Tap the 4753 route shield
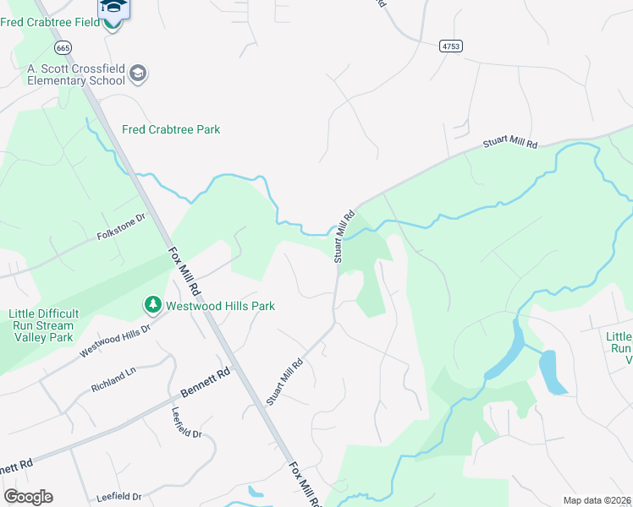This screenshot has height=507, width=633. (x=450, y=47)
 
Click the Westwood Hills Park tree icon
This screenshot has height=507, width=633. (x=152, y=303)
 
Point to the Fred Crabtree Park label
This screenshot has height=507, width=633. (x=171, y=129)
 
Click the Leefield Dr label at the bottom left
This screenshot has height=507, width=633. (x=117, y=498)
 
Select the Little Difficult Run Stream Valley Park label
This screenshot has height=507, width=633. (x=41, y=325)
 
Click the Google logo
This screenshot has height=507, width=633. (x=28, y=497)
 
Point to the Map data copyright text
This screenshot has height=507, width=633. (x=597, y=500)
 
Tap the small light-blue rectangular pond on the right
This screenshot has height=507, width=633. (x=553, y=372)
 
